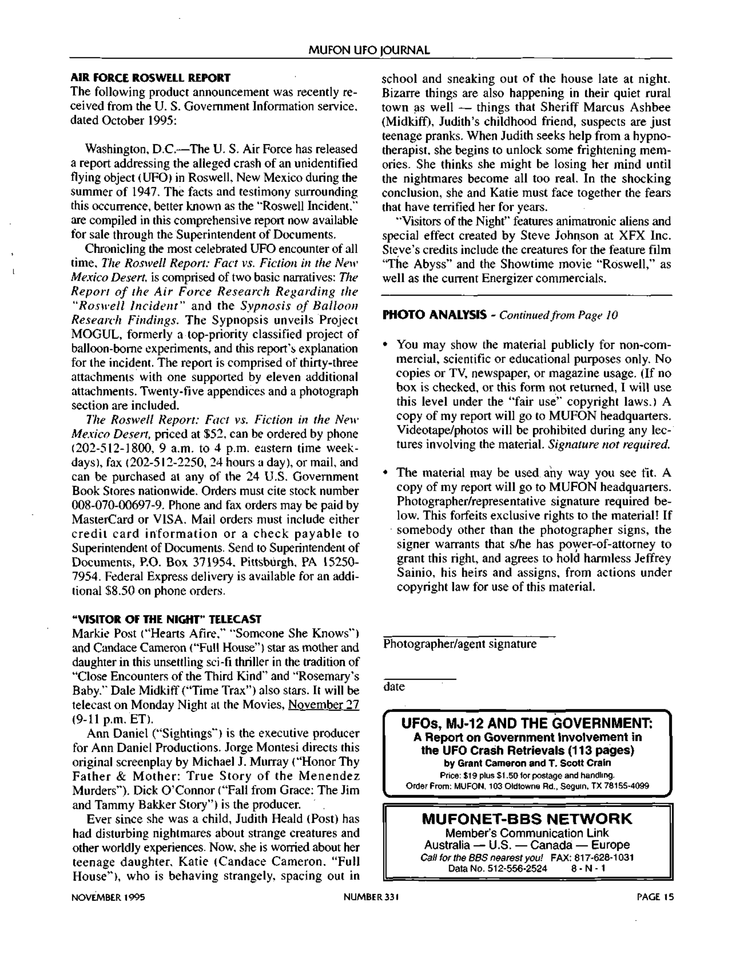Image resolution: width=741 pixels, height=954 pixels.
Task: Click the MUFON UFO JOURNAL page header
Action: click(x=369, y=50)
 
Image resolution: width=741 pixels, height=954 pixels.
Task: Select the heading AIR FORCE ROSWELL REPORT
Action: click(x=151, y=78)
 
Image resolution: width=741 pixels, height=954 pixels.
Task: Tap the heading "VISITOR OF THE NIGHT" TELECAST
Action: click(x=166, y=619)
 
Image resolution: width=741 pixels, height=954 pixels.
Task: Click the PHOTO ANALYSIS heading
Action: click(x=434, y=315)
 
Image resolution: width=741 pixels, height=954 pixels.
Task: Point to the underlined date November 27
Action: click(x=323, y=705)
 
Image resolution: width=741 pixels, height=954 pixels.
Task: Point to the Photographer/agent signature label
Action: click(x=460, y=644)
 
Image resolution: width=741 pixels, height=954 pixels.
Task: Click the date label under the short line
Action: click(x=394, y=687)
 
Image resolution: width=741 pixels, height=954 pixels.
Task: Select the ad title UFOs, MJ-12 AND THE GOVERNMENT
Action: click(x=527, y=724)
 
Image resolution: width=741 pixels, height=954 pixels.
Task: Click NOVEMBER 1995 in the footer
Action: click(x=108, y=898)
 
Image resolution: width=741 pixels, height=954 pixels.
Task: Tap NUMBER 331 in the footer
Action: click(x=371, y=898)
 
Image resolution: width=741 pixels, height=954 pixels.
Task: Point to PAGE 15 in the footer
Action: click(x=655, y=898)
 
